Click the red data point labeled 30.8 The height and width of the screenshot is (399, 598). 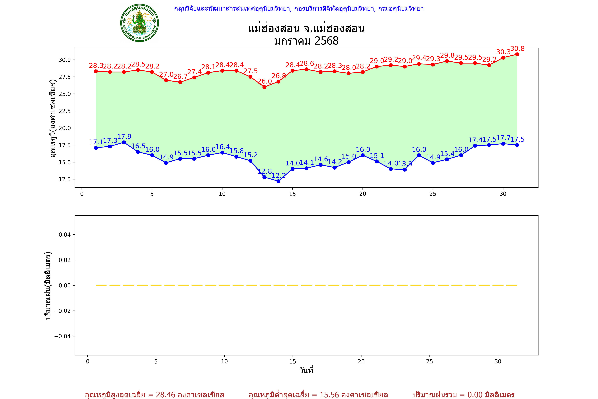(x=517, y=54)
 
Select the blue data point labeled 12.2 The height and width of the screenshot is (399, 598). (x=278, y=181)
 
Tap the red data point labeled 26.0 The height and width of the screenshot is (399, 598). (x=264, y=87)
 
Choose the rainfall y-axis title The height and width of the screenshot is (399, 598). (x=48, y=286)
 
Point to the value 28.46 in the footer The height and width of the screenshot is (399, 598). (x=166, y=395)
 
